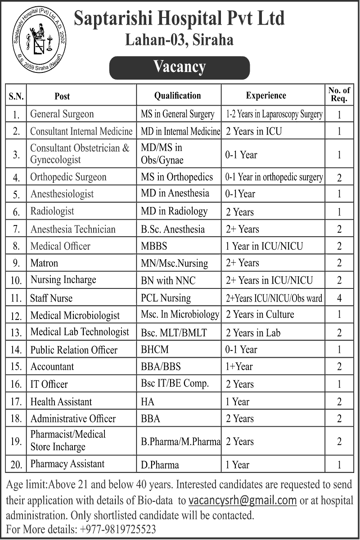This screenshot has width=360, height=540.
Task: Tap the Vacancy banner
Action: (180, 67)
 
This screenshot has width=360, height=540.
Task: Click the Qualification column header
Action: (178, 95)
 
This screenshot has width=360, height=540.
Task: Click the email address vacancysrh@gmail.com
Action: (243, 500)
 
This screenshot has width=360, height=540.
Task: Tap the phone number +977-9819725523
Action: (117, 529)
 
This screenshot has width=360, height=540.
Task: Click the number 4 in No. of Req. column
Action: (339, 298)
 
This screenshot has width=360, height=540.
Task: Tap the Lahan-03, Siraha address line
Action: (179, 40)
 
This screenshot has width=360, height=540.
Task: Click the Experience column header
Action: (266, 95)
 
